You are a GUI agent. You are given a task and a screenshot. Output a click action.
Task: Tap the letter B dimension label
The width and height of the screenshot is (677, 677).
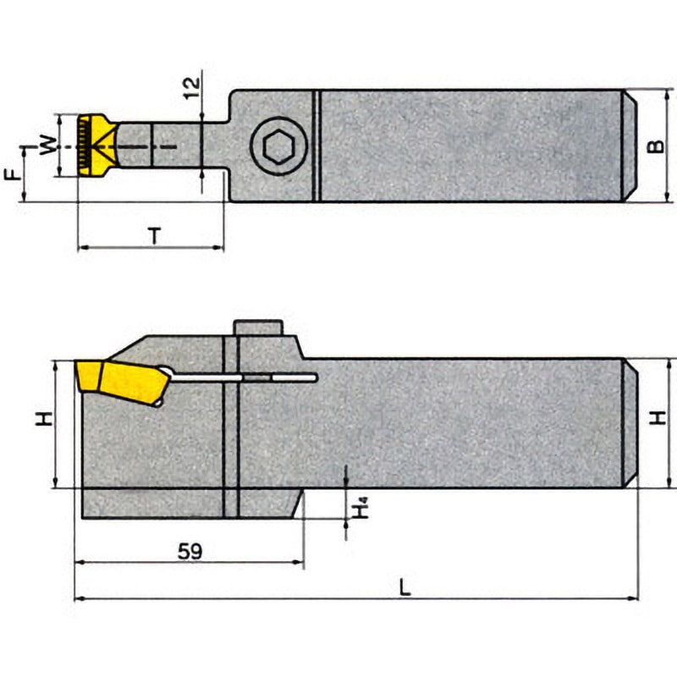pyautogui.click(x=655, y=146)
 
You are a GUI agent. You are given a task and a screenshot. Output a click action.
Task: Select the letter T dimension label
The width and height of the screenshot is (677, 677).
pyautogui.click(x=154, y=236)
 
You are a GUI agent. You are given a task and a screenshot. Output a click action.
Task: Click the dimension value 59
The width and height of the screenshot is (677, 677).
pyautogui.click(x=190, y=551)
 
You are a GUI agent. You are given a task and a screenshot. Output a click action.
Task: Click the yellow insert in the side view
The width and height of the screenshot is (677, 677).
pyautogui.click(x=118, y=381)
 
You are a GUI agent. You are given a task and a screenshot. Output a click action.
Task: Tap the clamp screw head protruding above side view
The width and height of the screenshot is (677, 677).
pyautogui.click(x=257, y=328)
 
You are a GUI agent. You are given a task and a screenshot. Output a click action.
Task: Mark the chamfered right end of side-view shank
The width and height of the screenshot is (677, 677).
pyautogui.click(x=630, y=423)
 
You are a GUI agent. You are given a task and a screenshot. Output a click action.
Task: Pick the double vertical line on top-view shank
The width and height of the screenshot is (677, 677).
pyautogui.click(x=317, y=146)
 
